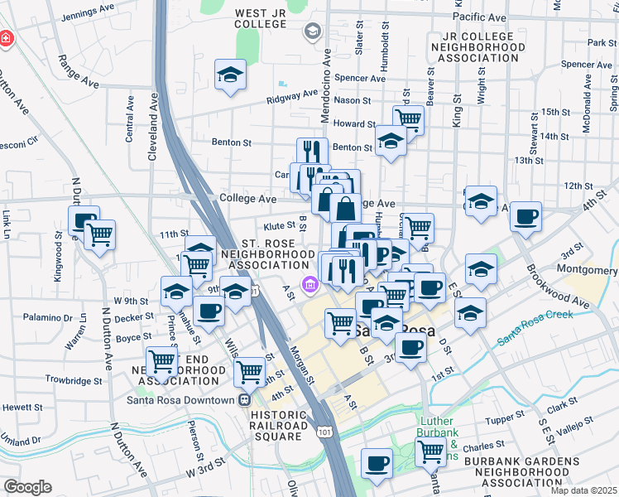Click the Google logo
coord(27,487)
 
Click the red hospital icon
coord(6,39)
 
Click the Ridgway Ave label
coord(290,99)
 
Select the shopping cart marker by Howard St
coord(408,118)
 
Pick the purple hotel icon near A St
coord(309,286)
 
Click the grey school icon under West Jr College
coord(313,32)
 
